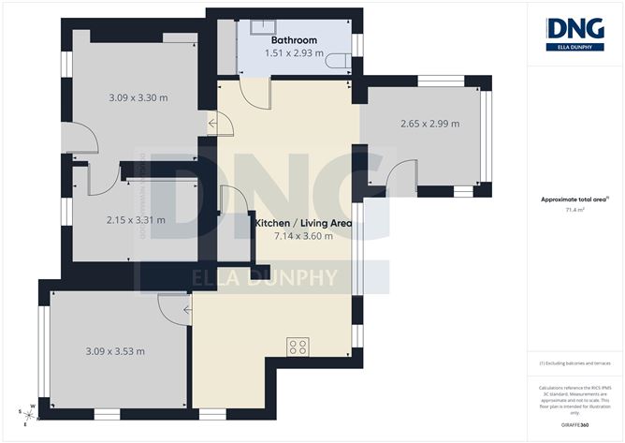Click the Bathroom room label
point(294,40)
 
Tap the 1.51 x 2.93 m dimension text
point(294,53)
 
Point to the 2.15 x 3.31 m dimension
point(136,220)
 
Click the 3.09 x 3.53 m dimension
point(114,351)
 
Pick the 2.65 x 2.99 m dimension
point(429,124)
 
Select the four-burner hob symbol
point(298,347)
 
